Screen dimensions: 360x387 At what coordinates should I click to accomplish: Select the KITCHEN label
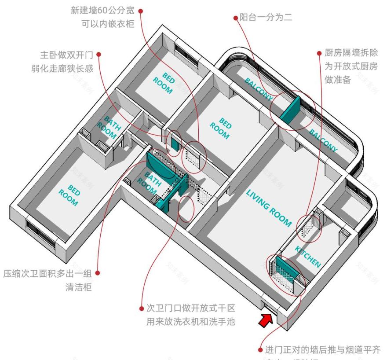[x=307, y=257]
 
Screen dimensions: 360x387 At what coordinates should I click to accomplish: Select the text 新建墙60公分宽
[x=103, y=10]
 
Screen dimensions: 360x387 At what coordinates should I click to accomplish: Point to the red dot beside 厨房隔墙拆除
[x=320, y=52]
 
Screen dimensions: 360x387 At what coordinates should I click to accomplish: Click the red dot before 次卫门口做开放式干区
[x=141, y=308]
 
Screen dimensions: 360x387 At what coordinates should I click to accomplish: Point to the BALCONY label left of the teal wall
[x=259, y=87]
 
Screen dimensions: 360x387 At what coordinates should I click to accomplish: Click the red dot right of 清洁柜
[x=98, y=273]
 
